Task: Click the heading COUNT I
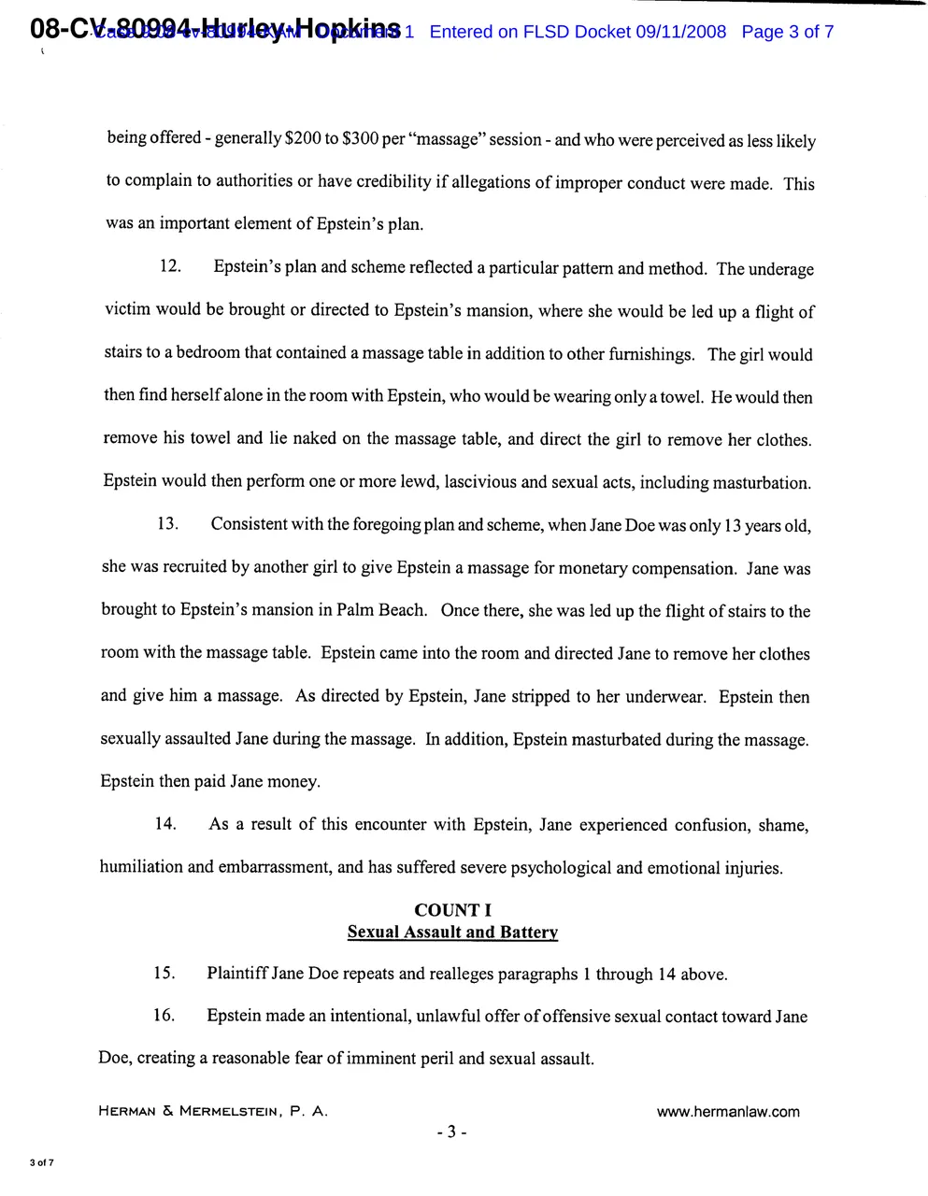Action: point(452,910)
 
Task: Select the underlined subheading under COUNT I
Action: point(452,932)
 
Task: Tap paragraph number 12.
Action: point(170,266)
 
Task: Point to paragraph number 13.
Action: point(168,523)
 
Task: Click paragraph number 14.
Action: point(165,823)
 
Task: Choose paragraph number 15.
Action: point(164,973)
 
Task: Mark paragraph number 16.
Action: point(164,1015)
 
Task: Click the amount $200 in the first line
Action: point(303,139)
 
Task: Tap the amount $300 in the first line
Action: point(360,139)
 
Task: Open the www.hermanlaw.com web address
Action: point(728,1111)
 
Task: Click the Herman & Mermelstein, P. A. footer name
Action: point(213,1111)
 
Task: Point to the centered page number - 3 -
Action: point(451,1132)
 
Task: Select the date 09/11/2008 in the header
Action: point(680,32)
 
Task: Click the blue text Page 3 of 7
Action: point(787,32)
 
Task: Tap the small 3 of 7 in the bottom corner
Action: point(42,1162)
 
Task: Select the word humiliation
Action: point(141,866)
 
